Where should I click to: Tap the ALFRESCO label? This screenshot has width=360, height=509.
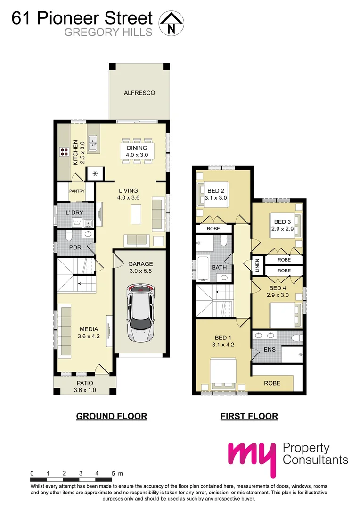point(139,93)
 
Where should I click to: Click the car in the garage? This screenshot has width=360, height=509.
point(141,312)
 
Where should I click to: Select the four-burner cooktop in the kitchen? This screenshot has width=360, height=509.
point(65,152)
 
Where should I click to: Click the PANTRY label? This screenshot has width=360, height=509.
point(76,191)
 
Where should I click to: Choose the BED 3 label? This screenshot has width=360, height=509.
point(283,222)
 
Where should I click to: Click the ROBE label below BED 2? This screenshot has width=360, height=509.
point(213,229)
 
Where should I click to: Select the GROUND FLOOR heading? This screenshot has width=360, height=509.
point(112,416)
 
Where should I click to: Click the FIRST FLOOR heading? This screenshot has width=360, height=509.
point(249,416)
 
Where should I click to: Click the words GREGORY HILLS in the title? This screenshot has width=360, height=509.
point(108,32)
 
